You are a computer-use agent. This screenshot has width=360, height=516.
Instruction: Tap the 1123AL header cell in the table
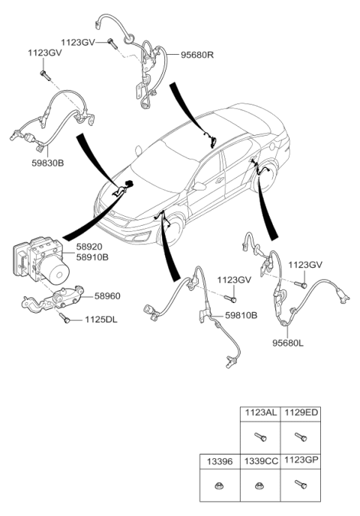click(259, 413)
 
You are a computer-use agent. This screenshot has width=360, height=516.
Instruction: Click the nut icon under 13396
click(219, 484)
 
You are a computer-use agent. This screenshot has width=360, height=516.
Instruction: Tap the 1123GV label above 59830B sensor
click(45, 52)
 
